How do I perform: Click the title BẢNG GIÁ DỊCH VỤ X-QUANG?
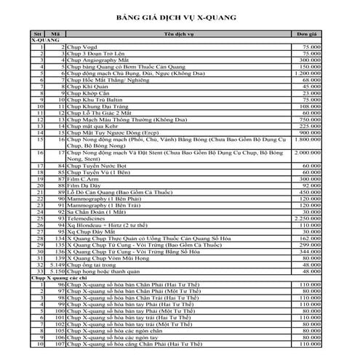(180, 14)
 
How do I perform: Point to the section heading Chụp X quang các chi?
(60, 279)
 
